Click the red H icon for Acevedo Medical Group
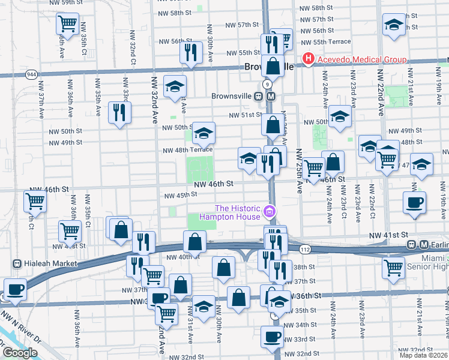[309, 59]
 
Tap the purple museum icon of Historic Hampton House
[270, 212]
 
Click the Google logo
[20, 353]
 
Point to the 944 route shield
[31, 74]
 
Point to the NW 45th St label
[181, 194]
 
